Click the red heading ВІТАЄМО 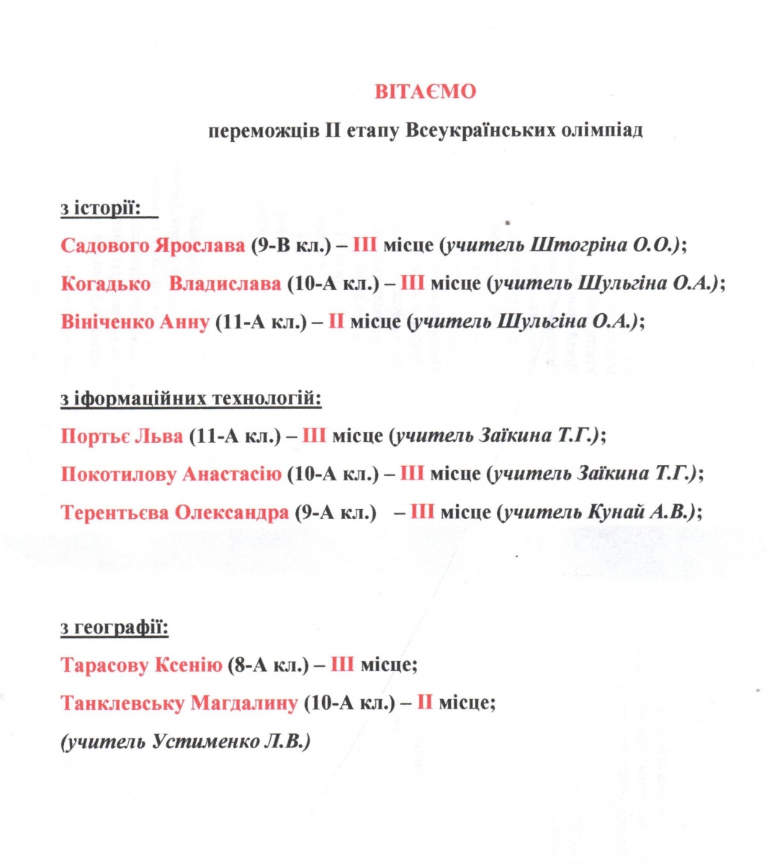(x=425, y=92)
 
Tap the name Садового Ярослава (x=153, y=246)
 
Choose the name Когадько (x=105, y=284)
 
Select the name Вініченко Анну (x=135, y=321)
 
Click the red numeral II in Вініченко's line (x=336, y=321)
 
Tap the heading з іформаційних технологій (x=191, y=397)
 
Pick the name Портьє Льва (x=122, y=436)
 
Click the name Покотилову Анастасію (x=171, y=474)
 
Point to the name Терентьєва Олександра (x=175, y=512)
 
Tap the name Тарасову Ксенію (x=141, y=665)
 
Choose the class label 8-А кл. (x=268, y=665)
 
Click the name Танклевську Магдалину (x=179, y=703)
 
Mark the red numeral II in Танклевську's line (x=424, y=703)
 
